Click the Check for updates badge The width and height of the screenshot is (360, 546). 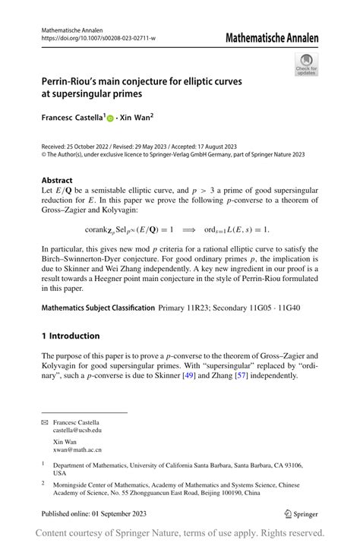click(306, 65)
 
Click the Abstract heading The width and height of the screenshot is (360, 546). click(57, 181)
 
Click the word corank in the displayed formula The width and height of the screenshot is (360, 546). click(99, 229)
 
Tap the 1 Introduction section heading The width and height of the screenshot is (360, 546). click(71, 336)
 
